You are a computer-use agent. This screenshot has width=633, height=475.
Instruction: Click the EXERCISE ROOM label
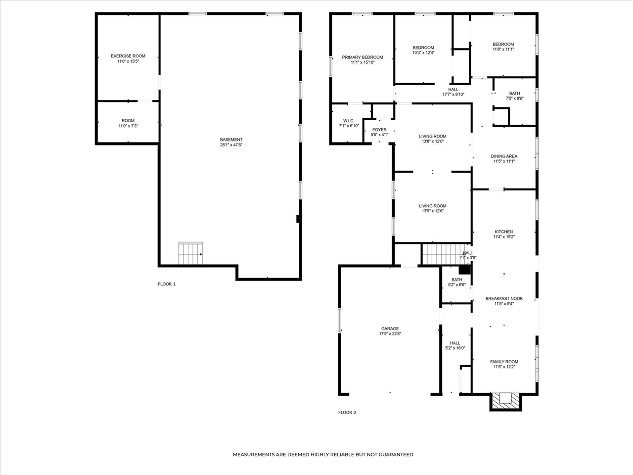click(128, 56)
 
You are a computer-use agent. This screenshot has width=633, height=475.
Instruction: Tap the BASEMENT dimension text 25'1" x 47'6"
click(231, 145)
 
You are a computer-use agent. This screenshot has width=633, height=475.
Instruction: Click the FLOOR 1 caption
click(167, 284)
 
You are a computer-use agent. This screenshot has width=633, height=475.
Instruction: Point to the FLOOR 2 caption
click(347, 412)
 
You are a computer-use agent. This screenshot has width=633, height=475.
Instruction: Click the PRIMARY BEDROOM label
click(362, 57)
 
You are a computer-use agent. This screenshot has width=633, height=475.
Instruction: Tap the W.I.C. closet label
click(349, 121)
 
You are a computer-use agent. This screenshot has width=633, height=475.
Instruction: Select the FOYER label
click(379, 130)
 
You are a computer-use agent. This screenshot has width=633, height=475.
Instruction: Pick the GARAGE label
click(390, 329)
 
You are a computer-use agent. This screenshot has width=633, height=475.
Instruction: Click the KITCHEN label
click(503, 232)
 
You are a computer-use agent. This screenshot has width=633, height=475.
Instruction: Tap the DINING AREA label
click(504, 156)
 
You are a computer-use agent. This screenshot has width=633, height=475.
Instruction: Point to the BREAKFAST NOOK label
click(504, 298)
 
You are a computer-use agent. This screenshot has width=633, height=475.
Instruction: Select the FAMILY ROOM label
click(504, 362)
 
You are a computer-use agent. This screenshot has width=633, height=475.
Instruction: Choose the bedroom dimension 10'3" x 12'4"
click(423, 53)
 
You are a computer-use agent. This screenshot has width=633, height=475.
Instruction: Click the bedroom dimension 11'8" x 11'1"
click(503, 49)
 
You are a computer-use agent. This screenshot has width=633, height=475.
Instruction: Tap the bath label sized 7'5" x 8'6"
click(514, 94)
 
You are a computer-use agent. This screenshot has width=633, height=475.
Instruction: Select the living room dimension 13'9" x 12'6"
click(433, 211)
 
